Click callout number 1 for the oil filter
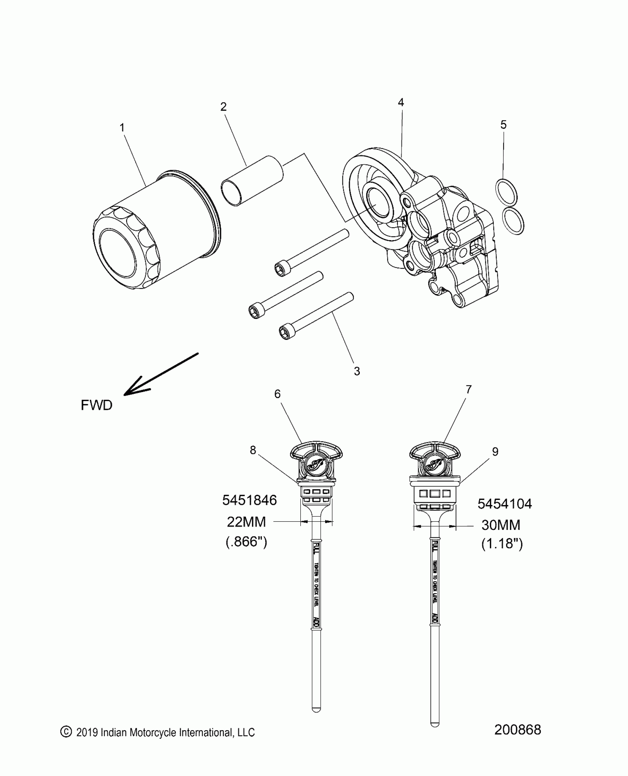point(122,128)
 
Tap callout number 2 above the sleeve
point(223,107)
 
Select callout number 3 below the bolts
point(356,371)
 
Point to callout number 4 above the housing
point(401,102)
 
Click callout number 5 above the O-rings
point(504,125)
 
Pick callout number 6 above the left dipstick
point(277,394)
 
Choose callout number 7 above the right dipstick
point(468,389)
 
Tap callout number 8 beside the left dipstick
point(253,450)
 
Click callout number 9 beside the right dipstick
point(495,452)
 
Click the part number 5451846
point(249,500)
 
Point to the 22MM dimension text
point(246,522)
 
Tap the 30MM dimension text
point(501,525)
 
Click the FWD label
point(96,405)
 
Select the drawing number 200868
point(518,730)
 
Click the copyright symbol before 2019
point(66,732)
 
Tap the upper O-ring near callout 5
point(506,192)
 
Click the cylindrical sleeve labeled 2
point(252,180)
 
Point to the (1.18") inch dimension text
point(502,544)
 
